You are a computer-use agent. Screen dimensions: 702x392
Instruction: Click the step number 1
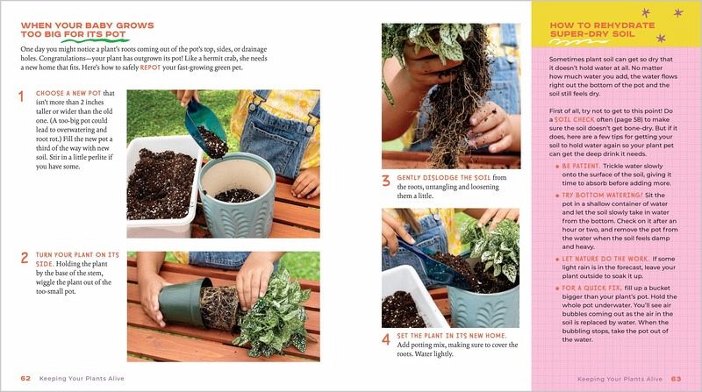[x=21, y=96]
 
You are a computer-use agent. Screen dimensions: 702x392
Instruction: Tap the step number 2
[x=25, y=258]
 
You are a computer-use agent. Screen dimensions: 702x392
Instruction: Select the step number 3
[x=386, y=181]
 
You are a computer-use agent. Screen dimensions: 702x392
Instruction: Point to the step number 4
[x=386, y=339]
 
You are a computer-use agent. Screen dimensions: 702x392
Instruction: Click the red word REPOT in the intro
[x=150, y=68]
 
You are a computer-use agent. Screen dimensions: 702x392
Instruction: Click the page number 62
[x=25, y=379]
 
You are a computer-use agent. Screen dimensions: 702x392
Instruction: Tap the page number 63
[x=676, y=379]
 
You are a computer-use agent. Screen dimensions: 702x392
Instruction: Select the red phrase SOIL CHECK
[x=575, y=119]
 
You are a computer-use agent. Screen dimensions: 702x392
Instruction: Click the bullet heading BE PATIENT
[x=581, y=166]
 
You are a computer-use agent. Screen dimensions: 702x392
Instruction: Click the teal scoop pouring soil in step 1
[x=204, y=124]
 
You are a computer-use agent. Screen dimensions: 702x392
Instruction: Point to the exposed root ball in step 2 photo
[x=219, y=308]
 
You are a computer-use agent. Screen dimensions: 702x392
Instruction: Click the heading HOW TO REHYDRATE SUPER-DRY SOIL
[x=602, y=30]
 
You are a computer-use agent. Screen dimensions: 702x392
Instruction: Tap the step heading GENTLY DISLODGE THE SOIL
[x=444, y=178]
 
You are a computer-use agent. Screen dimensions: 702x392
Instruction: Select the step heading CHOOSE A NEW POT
[x=68, y=93]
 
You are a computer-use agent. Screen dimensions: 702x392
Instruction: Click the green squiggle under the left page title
[x=96, y=40]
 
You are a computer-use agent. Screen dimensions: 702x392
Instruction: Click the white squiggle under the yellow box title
[x=579, y=42]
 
